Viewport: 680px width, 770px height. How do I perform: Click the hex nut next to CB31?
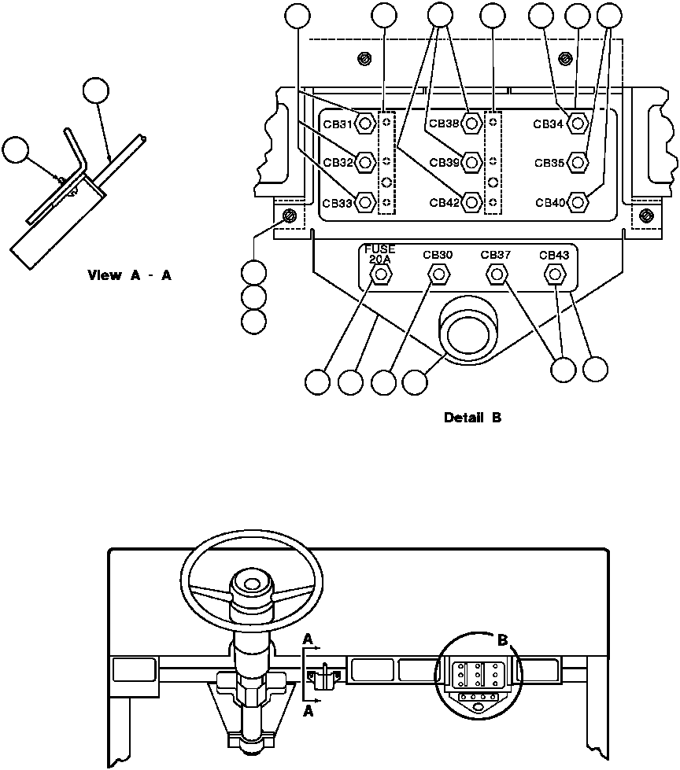pos(364,123)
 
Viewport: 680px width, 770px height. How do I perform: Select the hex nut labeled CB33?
pos(364,202)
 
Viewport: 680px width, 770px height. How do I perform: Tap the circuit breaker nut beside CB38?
pos(471,123)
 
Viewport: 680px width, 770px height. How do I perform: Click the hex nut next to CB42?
pos(471,202)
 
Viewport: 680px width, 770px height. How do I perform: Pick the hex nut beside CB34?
pos(577,123)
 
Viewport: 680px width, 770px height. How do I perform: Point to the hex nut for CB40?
pos(577,202)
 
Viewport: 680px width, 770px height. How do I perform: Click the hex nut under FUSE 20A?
pos(381,274)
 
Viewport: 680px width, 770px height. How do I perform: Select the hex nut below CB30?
pos(438,274)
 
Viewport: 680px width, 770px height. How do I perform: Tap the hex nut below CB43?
pos(554,274)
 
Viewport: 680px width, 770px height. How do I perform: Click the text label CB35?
pos(549,163)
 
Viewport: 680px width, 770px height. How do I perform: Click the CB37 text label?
pos(496,255)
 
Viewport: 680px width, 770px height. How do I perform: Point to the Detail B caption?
pos(472,418)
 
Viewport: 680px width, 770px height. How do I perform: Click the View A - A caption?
pos(130,276)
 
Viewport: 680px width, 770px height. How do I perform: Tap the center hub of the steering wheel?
pos(251,586)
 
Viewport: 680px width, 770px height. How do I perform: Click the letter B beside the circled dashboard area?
pos(502,641)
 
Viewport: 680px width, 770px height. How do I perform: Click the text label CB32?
pos(337,163)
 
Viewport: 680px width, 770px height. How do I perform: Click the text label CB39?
pos(444,163)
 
